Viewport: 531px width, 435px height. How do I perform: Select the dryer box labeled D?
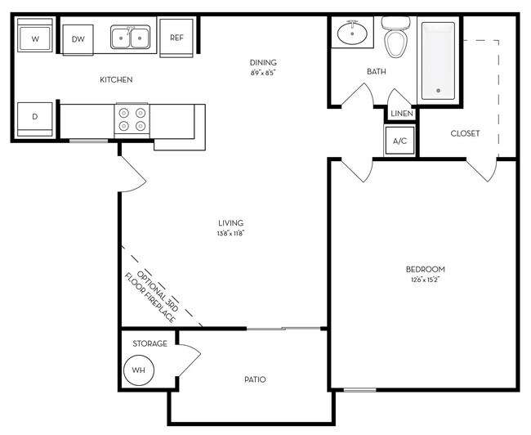coord(34,117)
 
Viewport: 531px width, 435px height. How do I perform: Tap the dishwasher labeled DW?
coord(78,38)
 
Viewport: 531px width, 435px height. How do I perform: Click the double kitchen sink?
coord(131,38)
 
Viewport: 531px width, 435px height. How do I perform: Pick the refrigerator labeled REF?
coord(176,38)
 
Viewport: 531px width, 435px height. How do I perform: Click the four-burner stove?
coord(131,119)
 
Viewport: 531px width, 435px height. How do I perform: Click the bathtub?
coord(437,60)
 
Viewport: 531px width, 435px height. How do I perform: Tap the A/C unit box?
coord(400,141)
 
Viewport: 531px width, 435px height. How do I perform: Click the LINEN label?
coord(401,114)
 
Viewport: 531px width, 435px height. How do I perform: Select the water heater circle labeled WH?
coord(139,370)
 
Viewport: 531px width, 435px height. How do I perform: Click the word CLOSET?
coord(465,133)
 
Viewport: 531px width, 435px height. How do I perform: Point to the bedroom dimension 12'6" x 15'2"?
coord(425,280)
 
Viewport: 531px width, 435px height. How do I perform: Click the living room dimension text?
coord(231,234)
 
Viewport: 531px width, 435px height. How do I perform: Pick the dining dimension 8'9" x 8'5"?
coord(263,73)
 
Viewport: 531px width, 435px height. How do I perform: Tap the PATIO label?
coord(256,379)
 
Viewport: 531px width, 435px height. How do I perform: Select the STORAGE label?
coord(150,343)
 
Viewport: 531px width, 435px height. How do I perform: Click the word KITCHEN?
coord(116,79)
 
